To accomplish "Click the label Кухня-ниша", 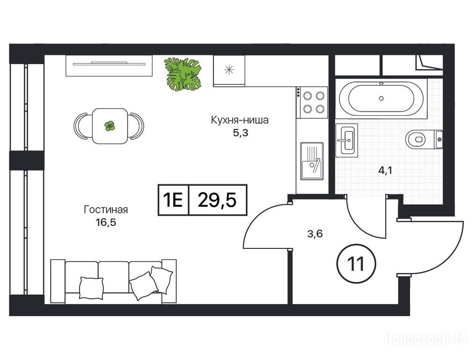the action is pyautogui.click(x=239, y=120).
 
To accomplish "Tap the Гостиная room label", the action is pyautogui.click(x=105, y=210).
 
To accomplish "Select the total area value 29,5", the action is pyautogui.click(x=217, y=200).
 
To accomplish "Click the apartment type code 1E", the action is pyautogui.click(x=173, y=200).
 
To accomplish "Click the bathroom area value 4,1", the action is pyautogui.click(x=385, y=171).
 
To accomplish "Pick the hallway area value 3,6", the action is pyautogui.click(x=315, y=233).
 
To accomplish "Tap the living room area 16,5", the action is pyautogui.click(x=105, y=223).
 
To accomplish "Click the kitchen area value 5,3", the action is pyautogui.click(x=240, y=133).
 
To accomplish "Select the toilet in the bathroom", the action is pyautogui.click(x=424, y=139).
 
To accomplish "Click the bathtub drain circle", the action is pyautogui.click(x=381, y=98).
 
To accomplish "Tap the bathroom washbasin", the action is pyautogui.click(x=347, y=140).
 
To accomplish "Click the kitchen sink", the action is pyautogui.click(x=312, y=161).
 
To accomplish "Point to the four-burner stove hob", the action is pyautogui.click(x=312, y=102).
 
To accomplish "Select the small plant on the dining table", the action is pyautogui.click(x=110, y=126).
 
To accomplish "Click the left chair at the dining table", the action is pyautogui.click(x=81, y=126).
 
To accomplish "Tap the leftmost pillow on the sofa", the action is pyautogui.click(x=91, y=288).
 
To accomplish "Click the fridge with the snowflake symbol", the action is pyautogui.click(x=229, y=71).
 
